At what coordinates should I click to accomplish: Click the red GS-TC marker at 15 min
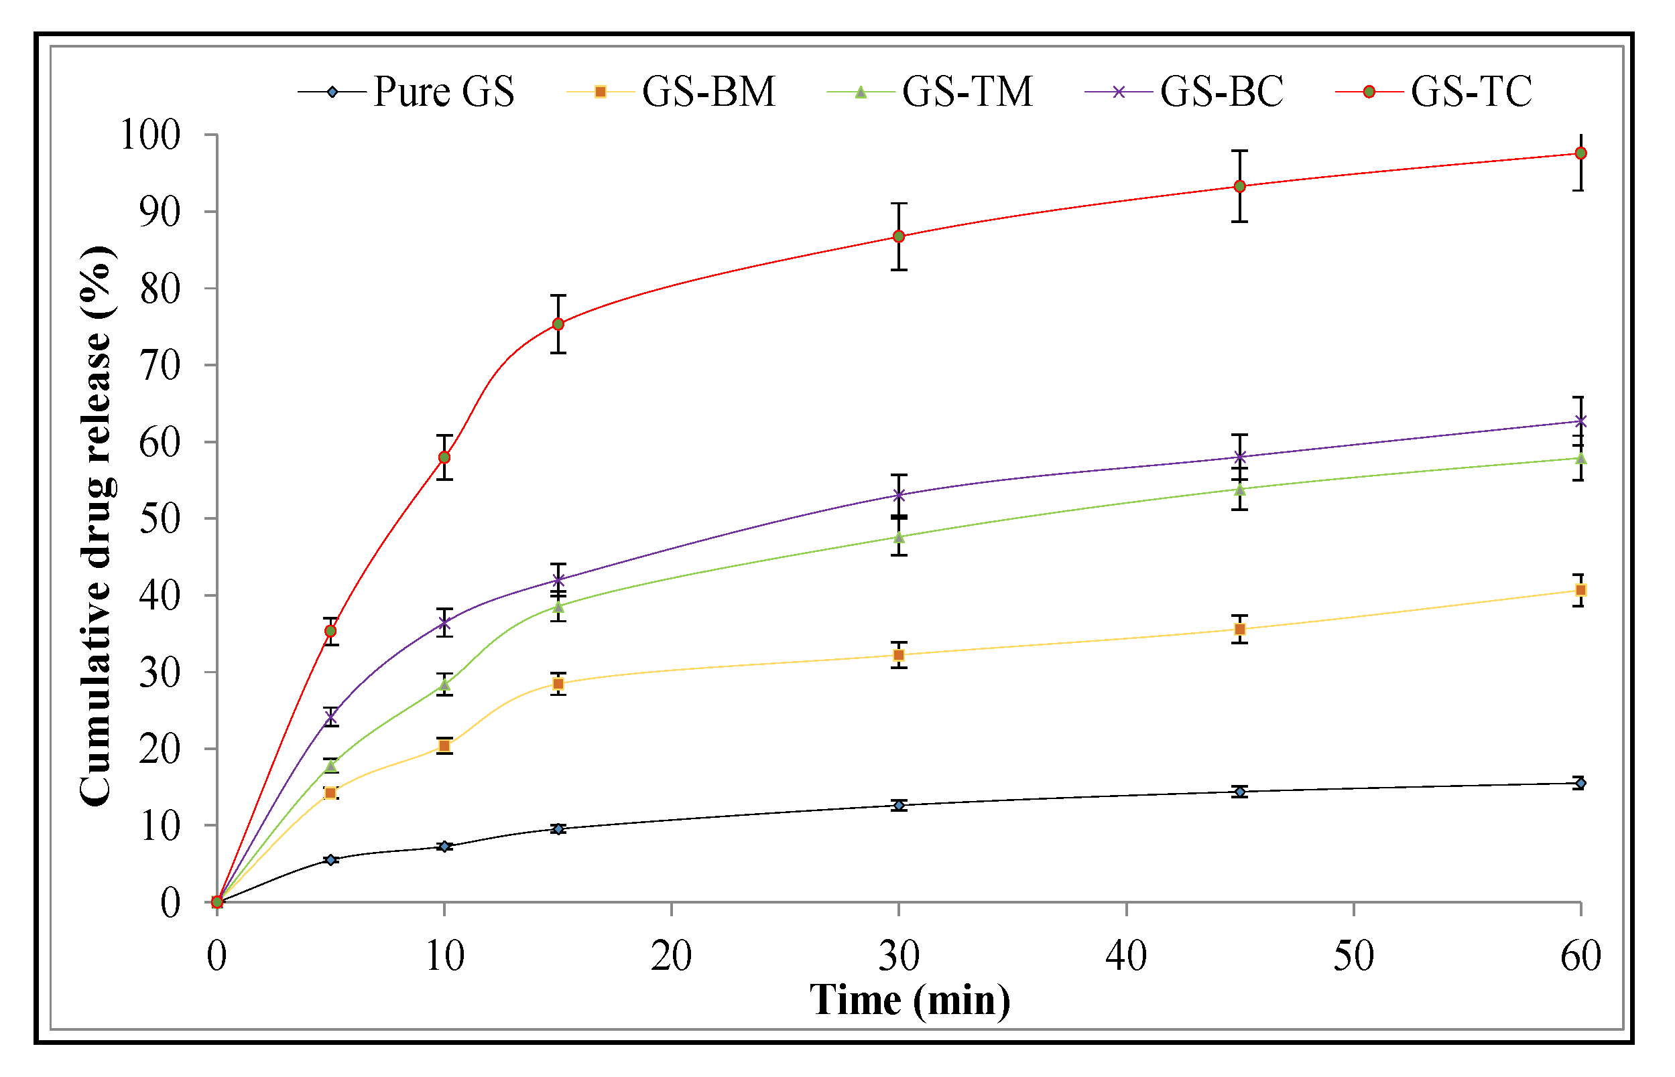pyautogui.click(x=558, y=324)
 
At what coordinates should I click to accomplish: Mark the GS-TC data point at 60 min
pyautogui.click(x=1580, y=153)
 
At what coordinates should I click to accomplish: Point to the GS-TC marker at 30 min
pyautogui.click(x=898, y=236)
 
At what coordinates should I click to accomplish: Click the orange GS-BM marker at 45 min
pyautogui.click(x=1239, y=630)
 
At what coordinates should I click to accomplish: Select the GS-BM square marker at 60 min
pyautogui.click(x=1580, y=590)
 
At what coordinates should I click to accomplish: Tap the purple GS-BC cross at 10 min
pyautogui.click(x=444, y=622)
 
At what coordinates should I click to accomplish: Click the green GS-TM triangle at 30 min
pyautogui.click(x=898, y=537)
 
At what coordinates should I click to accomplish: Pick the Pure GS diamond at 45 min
pyautogui.click(x=1239, y=792)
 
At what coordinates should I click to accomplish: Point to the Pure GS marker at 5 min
pyautogui.click(x=331, y=859)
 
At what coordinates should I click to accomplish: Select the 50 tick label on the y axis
pyautogui.click(x=160, y=519)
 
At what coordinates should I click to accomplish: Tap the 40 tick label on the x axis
pyautogui.click(x=1126, y=955)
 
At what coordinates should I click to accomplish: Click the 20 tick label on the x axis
pyautogui.click(x=671, y=955)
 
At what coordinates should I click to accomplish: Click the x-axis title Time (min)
pyautogui.click(x=910, y=1000)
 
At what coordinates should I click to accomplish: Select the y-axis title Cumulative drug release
pyautogui.click(x=96, y=526)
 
